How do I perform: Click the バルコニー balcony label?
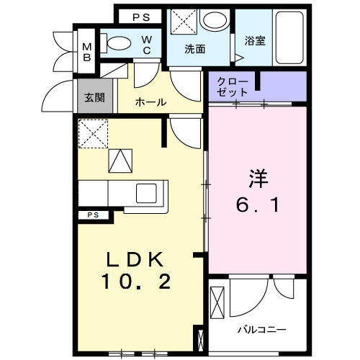(262, 329)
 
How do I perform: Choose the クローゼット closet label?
(233, 88)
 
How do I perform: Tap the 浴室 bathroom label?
(255, 40)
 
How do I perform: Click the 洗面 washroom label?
(194, 50)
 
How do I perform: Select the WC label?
(146, 45)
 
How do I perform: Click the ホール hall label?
(151, 102)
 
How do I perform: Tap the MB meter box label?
(86, 53)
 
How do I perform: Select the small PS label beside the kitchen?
(93, 215)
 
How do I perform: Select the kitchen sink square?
(147, 192)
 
